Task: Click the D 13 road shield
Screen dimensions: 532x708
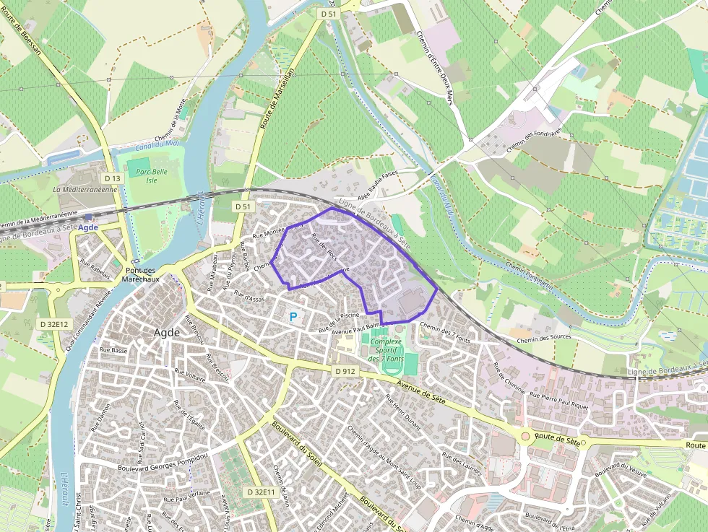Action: (x=112, y=178)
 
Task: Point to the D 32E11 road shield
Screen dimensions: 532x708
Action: (x=261, y=492)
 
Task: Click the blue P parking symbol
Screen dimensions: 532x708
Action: (x=293, y=316)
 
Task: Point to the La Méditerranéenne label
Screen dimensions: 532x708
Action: (x=85, y=189)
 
